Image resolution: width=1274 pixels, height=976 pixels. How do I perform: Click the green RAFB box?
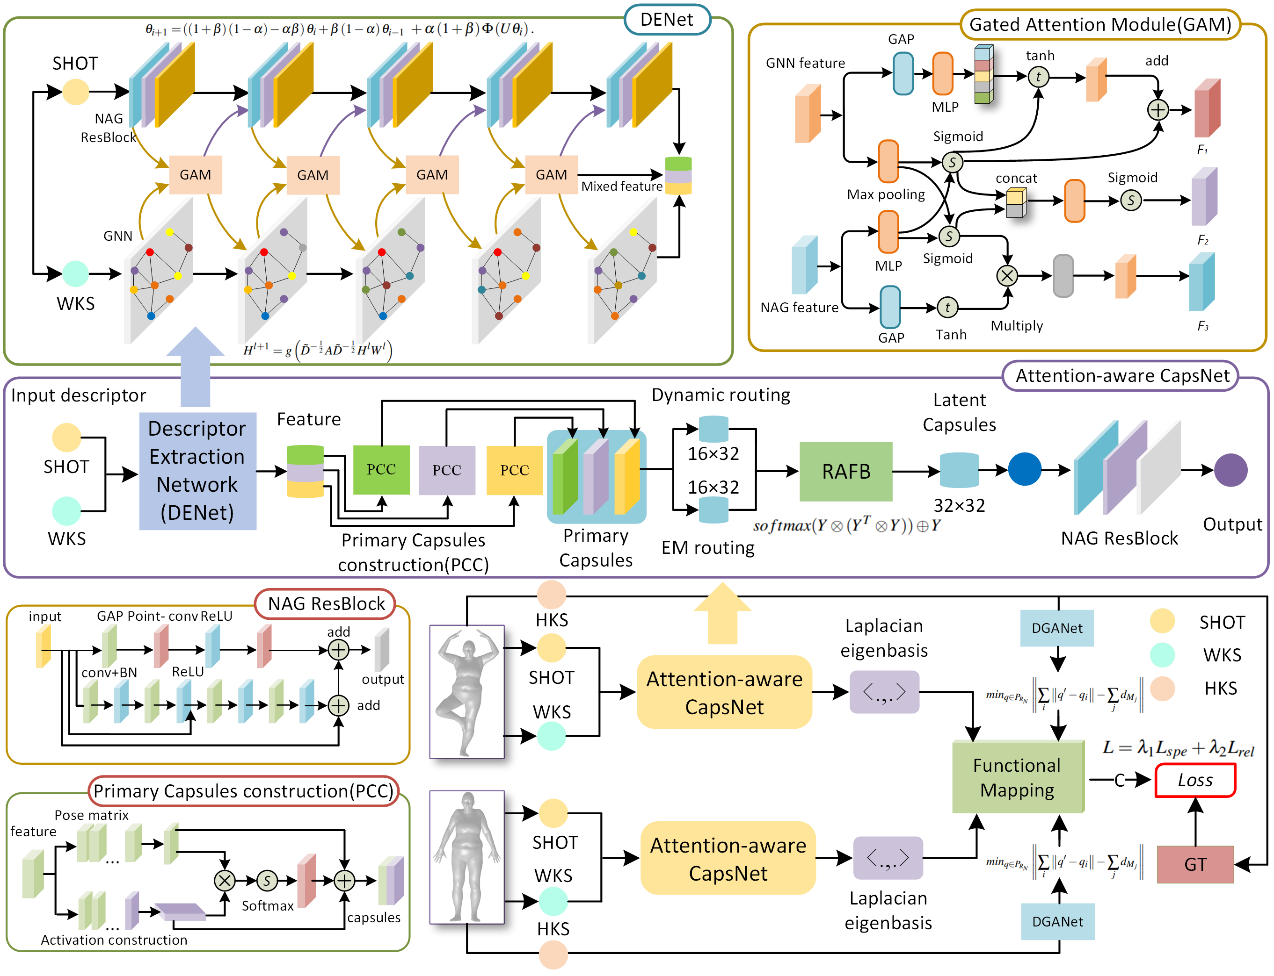[x=845, y=471]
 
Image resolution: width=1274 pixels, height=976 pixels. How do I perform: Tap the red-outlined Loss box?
[x=1195, y=780]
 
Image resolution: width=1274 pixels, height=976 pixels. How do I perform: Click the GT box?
[x=1195, y=864]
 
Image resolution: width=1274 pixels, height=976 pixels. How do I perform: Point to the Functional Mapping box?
[x=1017, y=777]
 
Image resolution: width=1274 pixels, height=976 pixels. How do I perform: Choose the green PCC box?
[x=381, y=469]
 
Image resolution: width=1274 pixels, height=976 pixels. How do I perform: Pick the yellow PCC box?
[x=514, y=469]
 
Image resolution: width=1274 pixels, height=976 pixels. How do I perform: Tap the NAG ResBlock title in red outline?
[x=326, y=603]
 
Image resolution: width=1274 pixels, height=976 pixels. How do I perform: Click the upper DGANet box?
[x=1056, y=628]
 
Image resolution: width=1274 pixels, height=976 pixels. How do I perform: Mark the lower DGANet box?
[x=1057, y=921]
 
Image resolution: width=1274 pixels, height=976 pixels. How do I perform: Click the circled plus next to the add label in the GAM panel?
[x=1158, y=110]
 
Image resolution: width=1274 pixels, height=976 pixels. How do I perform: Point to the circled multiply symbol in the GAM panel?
[x=1007, y=275]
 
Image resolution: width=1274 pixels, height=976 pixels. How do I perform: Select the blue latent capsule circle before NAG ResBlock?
[x=1024, y=469]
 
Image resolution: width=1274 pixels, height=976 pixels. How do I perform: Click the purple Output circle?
[x=1230, y=470]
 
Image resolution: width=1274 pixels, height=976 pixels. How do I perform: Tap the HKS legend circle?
[x=1162, y=689]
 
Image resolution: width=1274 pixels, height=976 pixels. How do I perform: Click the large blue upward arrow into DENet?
[x=196, y=366]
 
